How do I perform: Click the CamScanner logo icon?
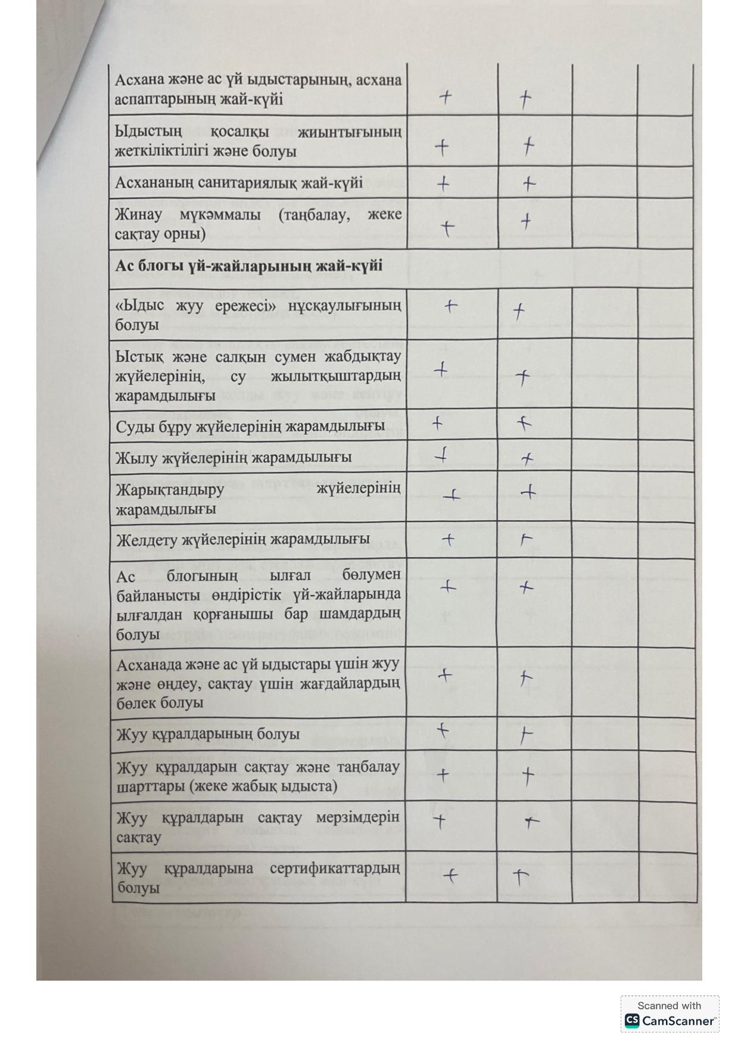(x=632, y=1021)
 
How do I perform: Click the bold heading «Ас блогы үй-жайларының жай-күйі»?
(x=248, y=266)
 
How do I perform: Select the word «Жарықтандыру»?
(x=170, y=490)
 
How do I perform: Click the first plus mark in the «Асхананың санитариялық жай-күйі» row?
(x=443, y=184)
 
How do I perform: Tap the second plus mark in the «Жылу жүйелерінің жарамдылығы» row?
(x=527, y=459)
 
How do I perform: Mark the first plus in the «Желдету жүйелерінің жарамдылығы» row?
(x=448, y=540)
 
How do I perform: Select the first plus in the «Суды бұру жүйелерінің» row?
(x=437, y=424)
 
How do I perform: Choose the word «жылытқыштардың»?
(x=335, y=377)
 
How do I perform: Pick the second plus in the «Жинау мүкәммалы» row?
(x=525, y=222)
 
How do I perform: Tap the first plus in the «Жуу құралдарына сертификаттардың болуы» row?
(x=451, y=875)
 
